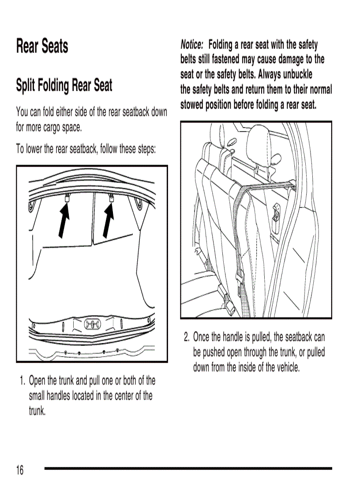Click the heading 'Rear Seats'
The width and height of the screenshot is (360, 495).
(42, 46)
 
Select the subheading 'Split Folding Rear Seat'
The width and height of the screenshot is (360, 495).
(64, 85)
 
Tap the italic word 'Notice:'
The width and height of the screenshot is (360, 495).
(192, 45)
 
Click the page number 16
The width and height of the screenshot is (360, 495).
(20, 470)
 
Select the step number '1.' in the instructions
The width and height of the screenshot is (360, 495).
(22, 380)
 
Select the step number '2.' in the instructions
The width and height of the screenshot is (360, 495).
(187, 338)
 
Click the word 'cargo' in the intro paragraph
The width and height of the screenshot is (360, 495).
(54, 128)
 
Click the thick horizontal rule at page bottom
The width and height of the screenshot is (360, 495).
(188, 468)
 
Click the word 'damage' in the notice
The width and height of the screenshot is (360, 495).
(279, 59)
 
